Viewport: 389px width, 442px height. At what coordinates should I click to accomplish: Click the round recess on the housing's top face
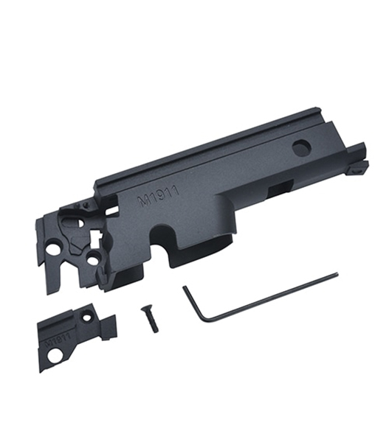[x=302, y=147]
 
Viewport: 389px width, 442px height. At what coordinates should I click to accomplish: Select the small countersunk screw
[x=149, y=319]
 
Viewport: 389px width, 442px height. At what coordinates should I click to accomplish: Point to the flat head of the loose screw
[x=144, y=309]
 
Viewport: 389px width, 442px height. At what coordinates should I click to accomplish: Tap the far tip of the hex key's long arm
[x=336, y=273]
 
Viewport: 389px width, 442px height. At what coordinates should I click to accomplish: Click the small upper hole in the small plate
[x=89, y=318]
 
